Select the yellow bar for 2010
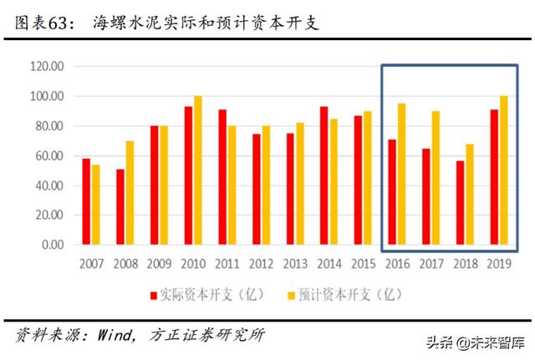[x=197, y=170]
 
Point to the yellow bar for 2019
[x=503, y=170]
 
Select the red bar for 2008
[x=120, y=206]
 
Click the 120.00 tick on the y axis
[x=46, y=66]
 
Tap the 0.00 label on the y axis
[x=52, y=245]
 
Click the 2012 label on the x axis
[x=261, y=265]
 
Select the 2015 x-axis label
[x=364, y=265]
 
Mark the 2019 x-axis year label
[x=499, y=265]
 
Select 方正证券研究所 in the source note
[x=206, y=335]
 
